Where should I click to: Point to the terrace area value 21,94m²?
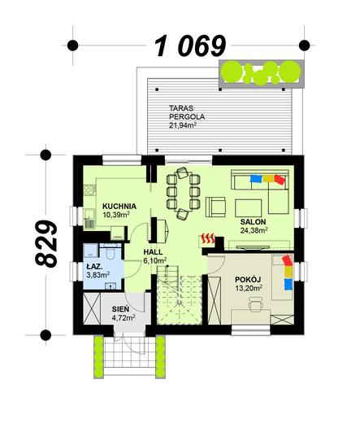click(186, 126)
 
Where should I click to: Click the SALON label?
click(253, 220)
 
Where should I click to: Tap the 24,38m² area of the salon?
click(254, 230)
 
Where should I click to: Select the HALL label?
click(154, 251)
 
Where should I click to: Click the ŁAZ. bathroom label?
click(94, 265)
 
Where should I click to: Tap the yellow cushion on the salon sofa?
click(267, 177)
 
